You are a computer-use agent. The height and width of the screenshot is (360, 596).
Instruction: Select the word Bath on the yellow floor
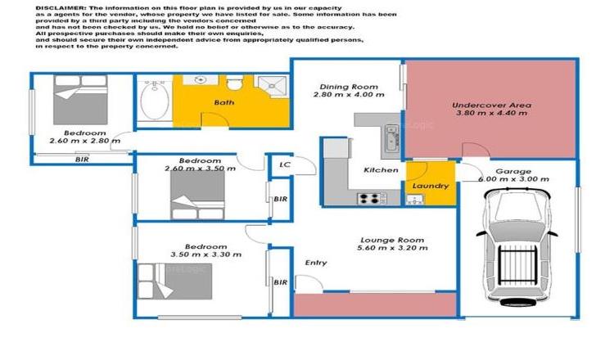pyautogui.click(x=223, y=102)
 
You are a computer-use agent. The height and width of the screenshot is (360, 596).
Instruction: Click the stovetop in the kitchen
pyautogui.click(x=369, y=197)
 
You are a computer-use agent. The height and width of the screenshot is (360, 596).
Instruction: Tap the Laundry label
pyautogui.click(x=430, y=186)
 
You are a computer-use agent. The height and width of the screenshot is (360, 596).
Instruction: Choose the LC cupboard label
pyautogui.click(x=285, y=164)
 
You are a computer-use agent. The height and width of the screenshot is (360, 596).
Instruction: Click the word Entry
pyautogui.click(x=315, y=263)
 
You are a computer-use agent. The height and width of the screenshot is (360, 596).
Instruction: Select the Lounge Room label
pyautogui.click(x=383, y=241)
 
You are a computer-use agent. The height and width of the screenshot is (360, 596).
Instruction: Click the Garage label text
pyautogui.click(x=508, y=171)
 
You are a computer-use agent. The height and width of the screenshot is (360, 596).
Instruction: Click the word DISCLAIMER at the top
pyautogui.click(x=59, y=7)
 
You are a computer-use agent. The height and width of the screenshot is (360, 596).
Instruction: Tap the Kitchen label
pyautogui.click(x=381, y=170)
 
